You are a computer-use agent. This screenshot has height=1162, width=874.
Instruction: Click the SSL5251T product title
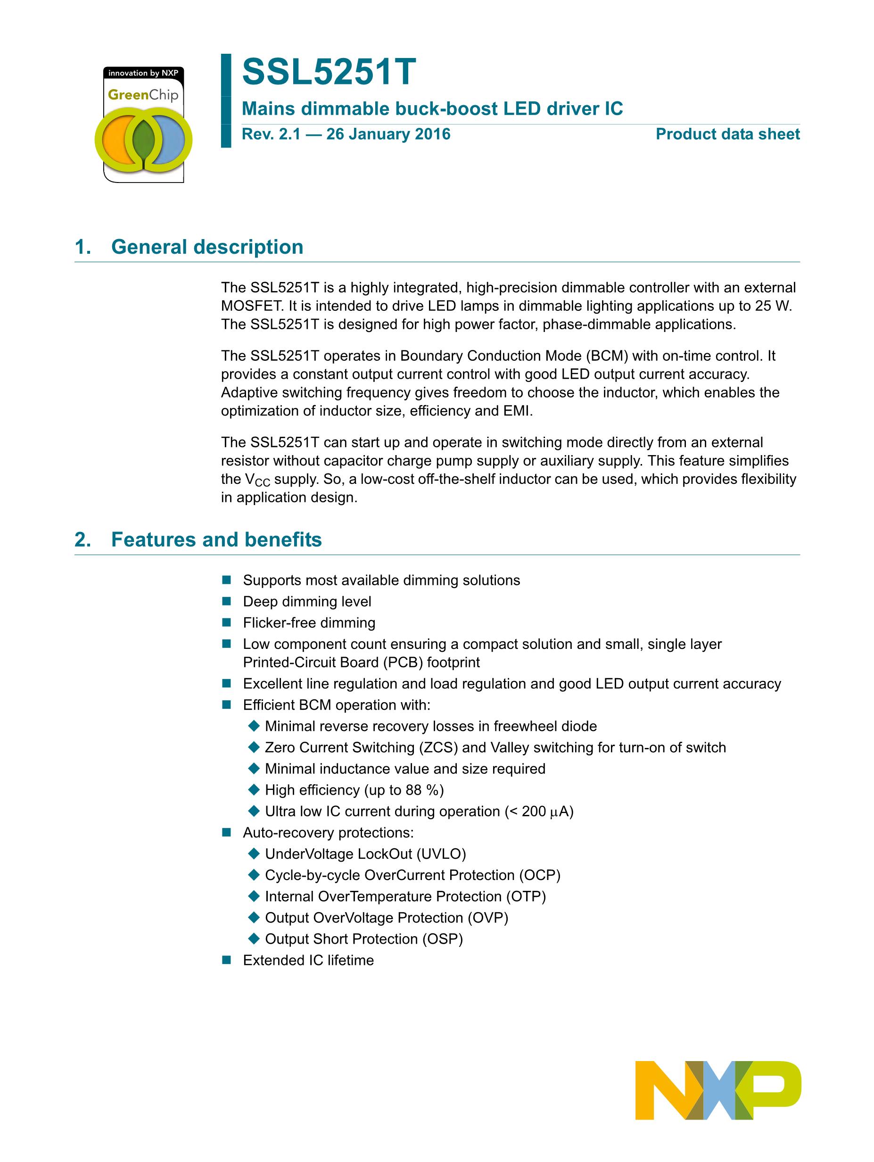329,73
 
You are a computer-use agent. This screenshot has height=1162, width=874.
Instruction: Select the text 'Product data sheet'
727,134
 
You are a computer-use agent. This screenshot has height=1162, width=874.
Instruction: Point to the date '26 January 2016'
388,134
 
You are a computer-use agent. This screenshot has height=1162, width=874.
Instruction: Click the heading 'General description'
207,247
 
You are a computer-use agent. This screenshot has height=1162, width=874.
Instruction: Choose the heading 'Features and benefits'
216,539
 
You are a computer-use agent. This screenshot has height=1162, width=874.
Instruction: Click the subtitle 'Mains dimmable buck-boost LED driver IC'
432,109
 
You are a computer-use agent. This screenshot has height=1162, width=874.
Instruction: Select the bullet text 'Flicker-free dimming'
309,623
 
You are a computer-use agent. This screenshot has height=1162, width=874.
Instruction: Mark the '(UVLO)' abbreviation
441,854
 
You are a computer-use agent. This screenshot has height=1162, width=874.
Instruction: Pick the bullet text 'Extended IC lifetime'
308,960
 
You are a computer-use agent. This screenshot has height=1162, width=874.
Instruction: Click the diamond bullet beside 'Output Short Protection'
254,939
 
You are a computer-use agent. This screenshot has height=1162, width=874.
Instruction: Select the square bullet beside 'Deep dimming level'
227,601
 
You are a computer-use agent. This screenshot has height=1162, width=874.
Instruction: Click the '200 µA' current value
543,812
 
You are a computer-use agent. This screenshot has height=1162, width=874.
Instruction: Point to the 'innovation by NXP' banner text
143,73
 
